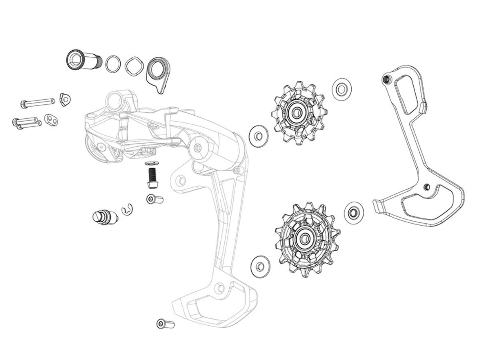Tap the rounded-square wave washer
tap(134, 65)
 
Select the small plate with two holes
tap(51, 119)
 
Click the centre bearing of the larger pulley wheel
tap(303, 238)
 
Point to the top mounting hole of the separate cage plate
tap(386, 80)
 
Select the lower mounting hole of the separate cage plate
tap(428, 186)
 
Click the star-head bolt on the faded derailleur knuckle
tap(199, 149)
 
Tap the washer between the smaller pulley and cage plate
tap(341, 88)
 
